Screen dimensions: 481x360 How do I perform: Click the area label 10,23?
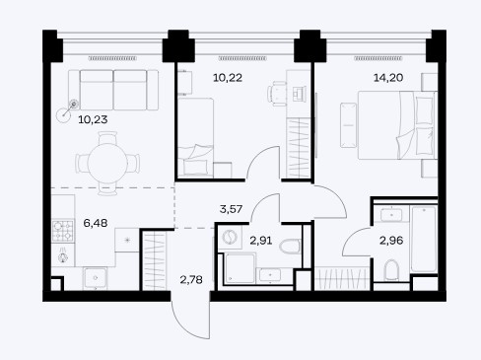pos(93,119)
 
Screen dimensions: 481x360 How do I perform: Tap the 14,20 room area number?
pos(388,78)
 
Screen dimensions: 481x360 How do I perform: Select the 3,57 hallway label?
pos(231,209)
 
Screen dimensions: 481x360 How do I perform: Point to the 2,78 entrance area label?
pos(191,280)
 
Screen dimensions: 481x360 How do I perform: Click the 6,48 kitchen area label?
pos(96,223)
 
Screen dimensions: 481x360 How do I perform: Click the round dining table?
pos(107,164)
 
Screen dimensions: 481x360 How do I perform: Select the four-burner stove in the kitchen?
pos(63,231)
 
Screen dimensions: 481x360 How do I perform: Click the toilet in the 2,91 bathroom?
pos(290,246)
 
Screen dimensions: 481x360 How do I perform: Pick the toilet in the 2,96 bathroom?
pos(391,270)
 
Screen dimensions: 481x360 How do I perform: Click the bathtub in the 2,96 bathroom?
pos(424,239)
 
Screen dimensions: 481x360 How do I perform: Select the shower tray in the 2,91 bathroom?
pos(240,268)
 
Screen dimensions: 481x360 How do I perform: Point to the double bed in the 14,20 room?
pos(397,125)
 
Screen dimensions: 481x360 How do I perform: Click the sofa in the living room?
pos(113,90)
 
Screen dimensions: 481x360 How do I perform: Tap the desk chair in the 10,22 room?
pos(277,94)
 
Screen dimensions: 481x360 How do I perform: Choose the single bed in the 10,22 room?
pos(195,136)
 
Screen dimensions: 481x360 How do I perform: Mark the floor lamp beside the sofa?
pos(67,111)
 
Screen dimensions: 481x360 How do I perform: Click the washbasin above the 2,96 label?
pos(391,215)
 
